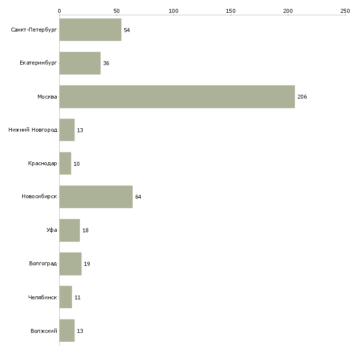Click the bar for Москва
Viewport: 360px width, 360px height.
pyautogui.click(x=177, y=97)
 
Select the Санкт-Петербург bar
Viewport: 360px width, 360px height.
pyautogui.click(x=90, y=30)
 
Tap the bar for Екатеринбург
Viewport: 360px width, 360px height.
pyautogui.click(x=80, y=63)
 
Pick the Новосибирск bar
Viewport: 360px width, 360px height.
pyautogui.click(x=96, y=197)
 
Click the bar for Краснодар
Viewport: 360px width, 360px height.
pyautogui.click(x=65, y=163)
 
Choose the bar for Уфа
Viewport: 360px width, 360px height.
pyautogui.click(x=70, y=230)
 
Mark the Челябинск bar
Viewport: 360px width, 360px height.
pyautogui.click(x=66, y=297)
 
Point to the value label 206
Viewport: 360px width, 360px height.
pyautogui.click(x=302, y=97)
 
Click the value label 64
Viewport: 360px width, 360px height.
pyautogui.click(x=138, y=197)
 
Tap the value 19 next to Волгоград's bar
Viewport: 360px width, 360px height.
pyautogui.click(x=87, y=264)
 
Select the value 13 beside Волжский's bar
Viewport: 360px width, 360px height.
pyautogui.click(x=80, y=331)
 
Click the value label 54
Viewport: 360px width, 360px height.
pyautogui.click(x=127, y=30)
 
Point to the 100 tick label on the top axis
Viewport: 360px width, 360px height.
pyautogui.click(x=174, y=11)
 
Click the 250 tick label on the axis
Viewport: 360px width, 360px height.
pyautogui.click(x=345, y=11)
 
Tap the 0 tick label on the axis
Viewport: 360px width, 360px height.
pyautogui.click(x=60, y=11)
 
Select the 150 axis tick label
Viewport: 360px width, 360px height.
pyautogui.click(x=231, y=11)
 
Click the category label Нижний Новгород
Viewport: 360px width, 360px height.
pyautogui.click(x=33, y=130)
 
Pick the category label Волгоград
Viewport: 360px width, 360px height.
pyautogui.click(x=43, y=263)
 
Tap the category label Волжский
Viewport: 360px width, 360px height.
pyautogui.click(x=44, y=331)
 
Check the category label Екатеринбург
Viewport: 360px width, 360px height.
pyautogui.click(x=38, y=63)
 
